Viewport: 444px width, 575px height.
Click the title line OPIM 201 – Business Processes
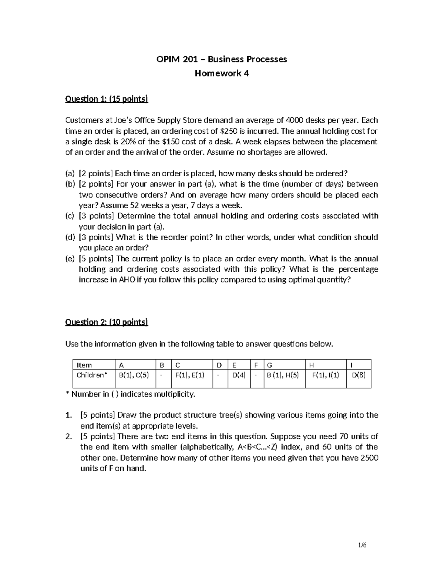pyautogui.click(x=222, y=59)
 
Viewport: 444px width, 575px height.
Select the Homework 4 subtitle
pyautogui.click(x=222, y=73)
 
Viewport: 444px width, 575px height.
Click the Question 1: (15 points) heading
pyautogui.click(x=107, y=99)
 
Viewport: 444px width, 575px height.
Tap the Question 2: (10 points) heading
pyautogui.click(x=107, y=322)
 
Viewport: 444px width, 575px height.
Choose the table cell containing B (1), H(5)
pyautogui.click(x=283, y=375)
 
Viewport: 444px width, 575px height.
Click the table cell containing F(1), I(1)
pyautogui.click(x=325, y=375)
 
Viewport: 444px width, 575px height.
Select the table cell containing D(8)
pyautogui.click(x=358, y=375)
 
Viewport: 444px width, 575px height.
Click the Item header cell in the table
pyautogui.click(x=84, y=365)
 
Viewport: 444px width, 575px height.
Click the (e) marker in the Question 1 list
pyautogui.click(x=70, y=259)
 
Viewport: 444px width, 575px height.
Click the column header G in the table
pyautogui.click(x=269, y=365)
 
